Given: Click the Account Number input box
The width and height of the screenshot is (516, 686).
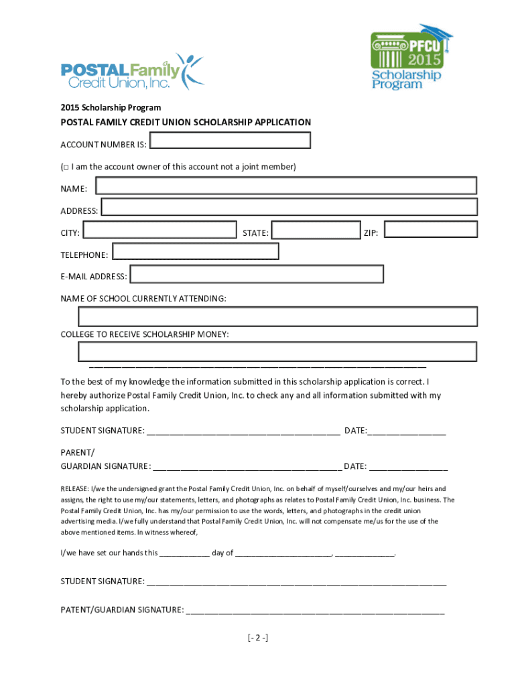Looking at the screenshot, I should pos(230,140).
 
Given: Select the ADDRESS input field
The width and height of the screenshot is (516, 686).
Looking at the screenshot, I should pos(289,207).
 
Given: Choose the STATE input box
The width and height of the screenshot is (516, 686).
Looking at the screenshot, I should pos(316,230).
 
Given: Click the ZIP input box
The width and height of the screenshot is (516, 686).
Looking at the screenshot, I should pos(430,230).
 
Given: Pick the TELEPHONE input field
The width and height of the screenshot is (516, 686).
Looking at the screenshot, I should pos(195,251).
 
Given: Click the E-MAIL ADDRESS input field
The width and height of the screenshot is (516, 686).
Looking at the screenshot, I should pos(257,274).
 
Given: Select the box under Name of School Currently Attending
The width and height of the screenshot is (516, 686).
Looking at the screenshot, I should pos(277,316).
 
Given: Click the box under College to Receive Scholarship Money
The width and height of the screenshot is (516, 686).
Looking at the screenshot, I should pos(277,352).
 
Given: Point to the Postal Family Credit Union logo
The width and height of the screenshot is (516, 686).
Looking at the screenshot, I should pos(131,72).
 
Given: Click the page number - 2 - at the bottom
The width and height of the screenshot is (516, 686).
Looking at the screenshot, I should pos(257,637).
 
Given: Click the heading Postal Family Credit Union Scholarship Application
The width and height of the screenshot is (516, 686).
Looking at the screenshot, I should pos(186,123).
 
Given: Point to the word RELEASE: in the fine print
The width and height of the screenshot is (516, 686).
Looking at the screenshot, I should pos(75,489).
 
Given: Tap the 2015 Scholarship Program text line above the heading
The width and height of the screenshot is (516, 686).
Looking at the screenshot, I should pos(111,107).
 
